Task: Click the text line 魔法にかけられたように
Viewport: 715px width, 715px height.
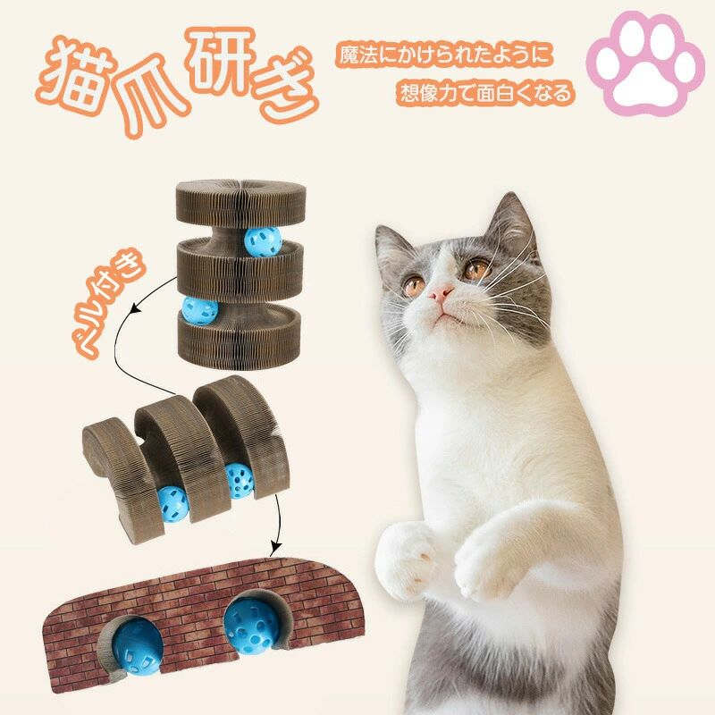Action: (x=444, y=56)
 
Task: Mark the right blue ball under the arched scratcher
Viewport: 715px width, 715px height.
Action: (x=239, y=479)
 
